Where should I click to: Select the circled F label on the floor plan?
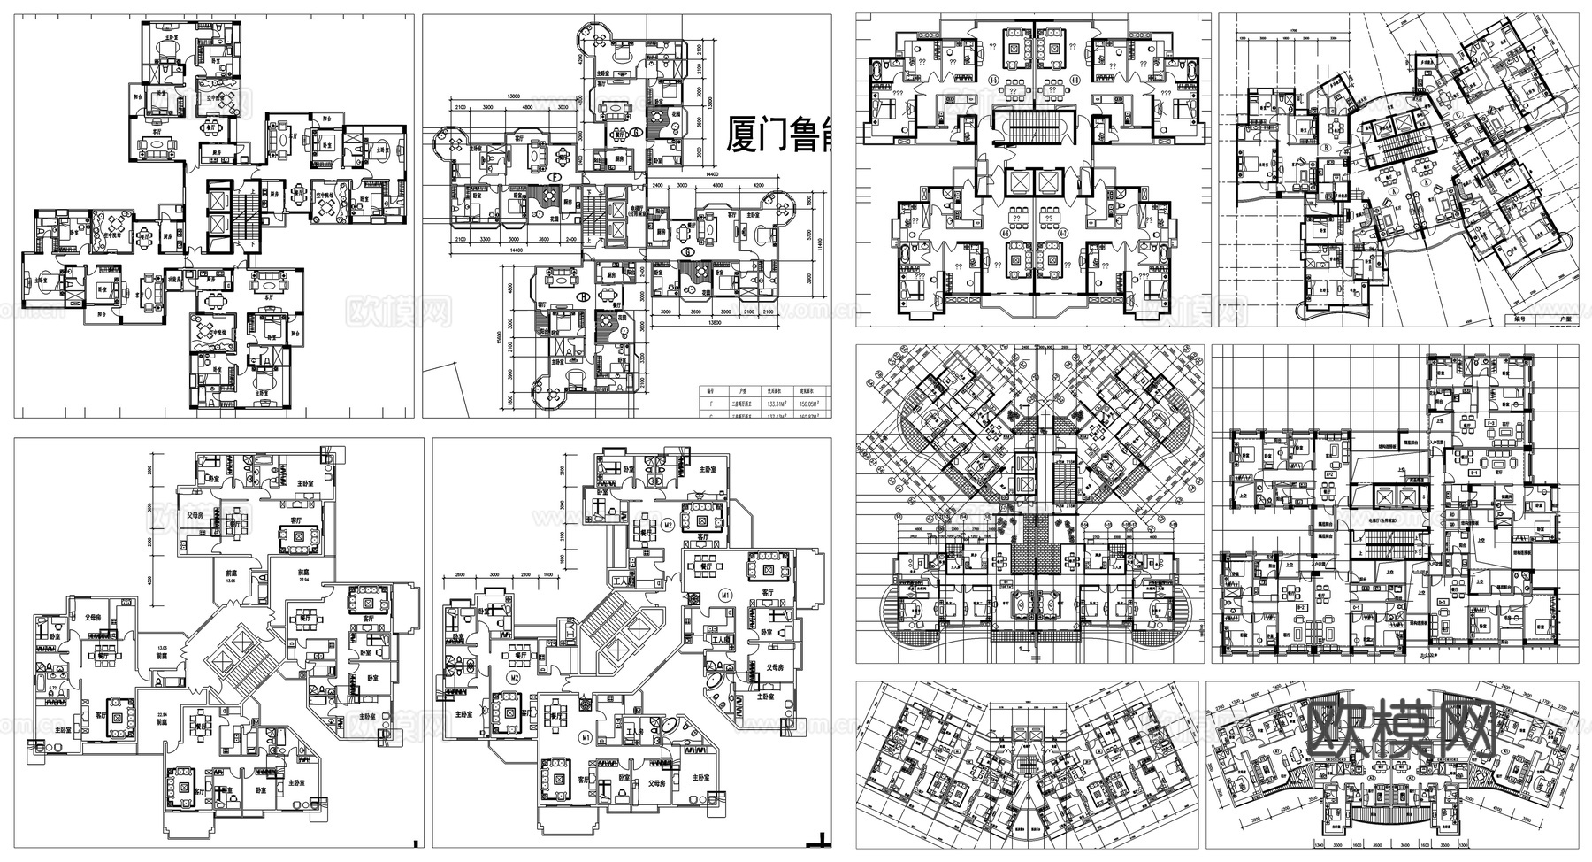pyautogui.click(x=555, y=177)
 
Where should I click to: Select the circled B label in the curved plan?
pyautogui.click(x=1328, y=147)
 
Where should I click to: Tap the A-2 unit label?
pyautogui.click(x=1329, y=474)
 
